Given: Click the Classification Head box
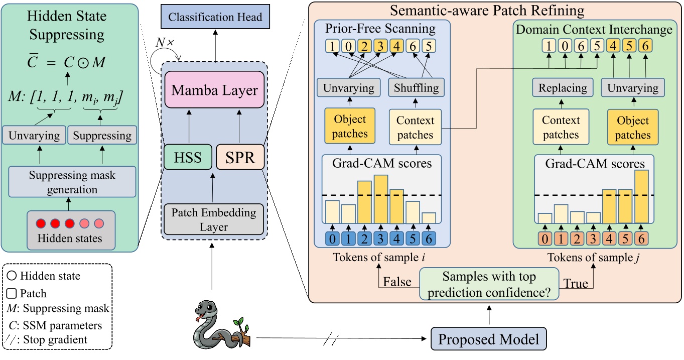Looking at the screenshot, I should (x=215, y=17).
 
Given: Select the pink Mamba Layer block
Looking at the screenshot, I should (x=215, y=90).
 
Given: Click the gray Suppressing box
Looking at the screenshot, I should (x=103, y=136).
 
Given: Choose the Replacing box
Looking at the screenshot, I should (x=563, y=88).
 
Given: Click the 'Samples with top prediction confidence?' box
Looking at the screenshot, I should (x=488, y=283).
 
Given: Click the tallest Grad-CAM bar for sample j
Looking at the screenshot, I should (x=642, y=196).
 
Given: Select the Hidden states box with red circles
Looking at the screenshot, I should (x=71, y=229).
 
